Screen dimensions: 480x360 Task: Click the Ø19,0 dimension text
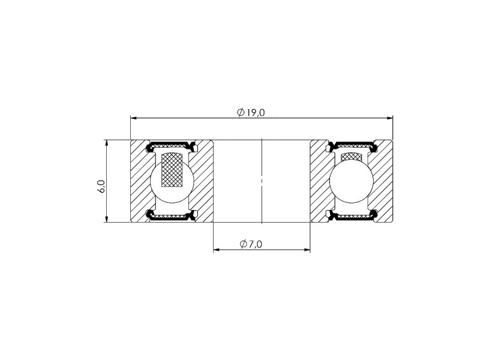(x=251, y=113)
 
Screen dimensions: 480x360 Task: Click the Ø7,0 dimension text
(x=251, y=244)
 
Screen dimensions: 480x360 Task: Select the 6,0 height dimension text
(x=101, y=186)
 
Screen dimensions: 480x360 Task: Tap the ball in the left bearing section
(x=172, y=181)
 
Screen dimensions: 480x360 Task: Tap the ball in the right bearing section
(x=352, y=181)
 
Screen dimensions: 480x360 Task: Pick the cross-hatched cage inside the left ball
(x=173, y=169)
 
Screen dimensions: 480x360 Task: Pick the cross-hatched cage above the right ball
(x=352, y=156)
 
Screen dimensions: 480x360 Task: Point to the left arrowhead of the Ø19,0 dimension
(x=133, y=118)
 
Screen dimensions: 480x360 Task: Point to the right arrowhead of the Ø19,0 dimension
(x=390, y=118)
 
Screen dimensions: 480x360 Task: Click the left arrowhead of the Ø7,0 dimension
(x=216, y=250)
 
